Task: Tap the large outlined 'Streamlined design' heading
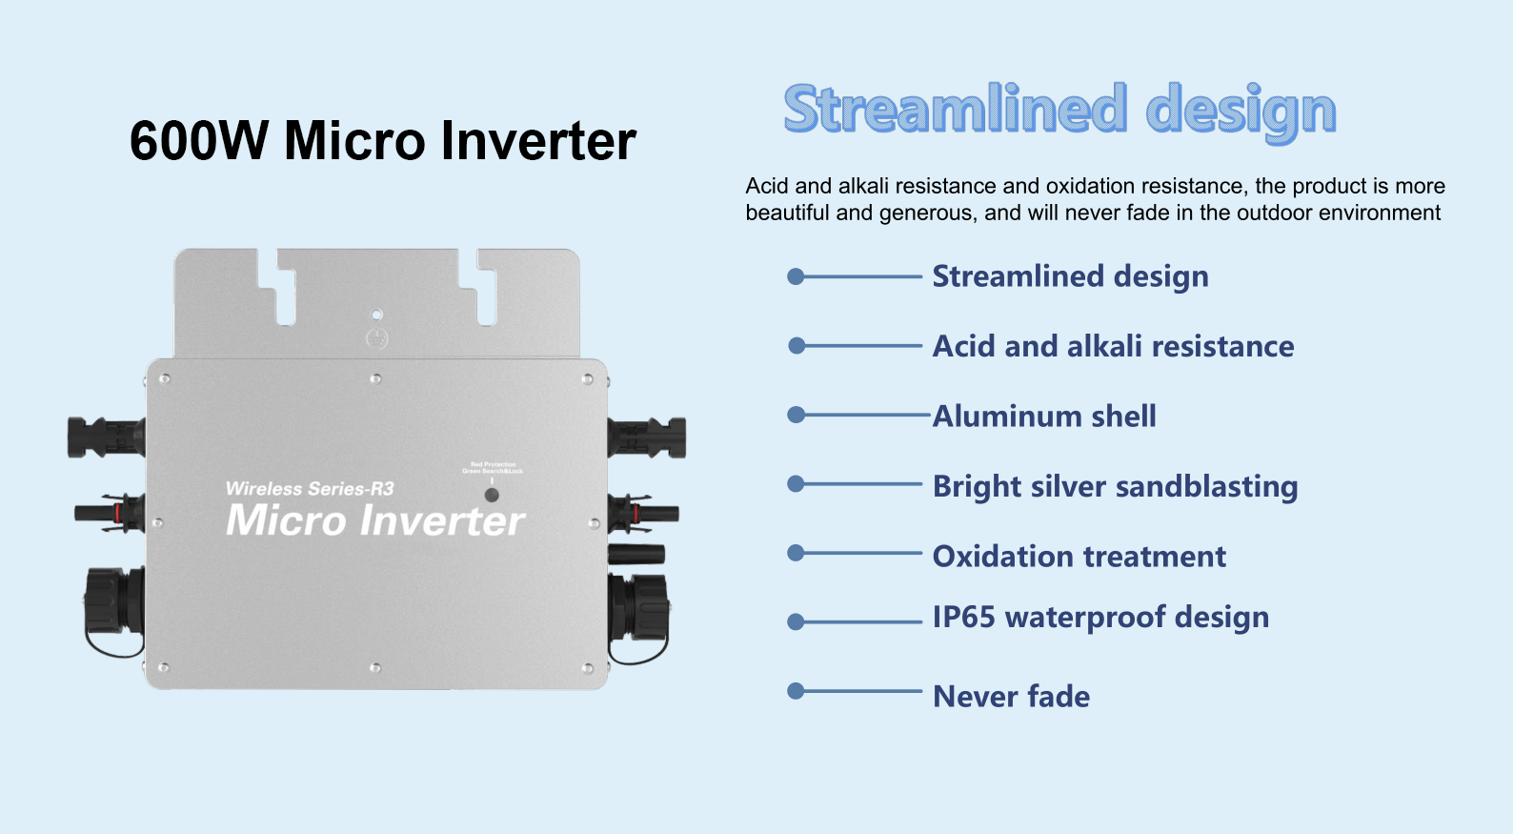(x=1059, y=110)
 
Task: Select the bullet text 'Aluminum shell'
(x=1044, y=416)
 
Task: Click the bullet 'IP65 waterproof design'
(x=1100, y=618)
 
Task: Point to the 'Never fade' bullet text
(x=1011, y=696)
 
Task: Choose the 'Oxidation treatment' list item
(x=1079, y=556)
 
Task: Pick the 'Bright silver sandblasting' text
(x=1115, y=486)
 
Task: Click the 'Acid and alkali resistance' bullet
(x=1113, y=346)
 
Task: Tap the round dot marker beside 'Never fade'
(x=796, y=691)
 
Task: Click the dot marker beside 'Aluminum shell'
(x=797, y=415)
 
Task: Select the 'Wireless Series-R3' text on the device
(x=310, y=489)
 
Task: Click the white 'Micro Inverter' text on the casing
(x=375, y=520)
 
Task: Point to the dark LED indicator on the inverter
(x=492, y=495)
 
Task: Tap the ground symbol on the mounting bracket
(x=377, y=337)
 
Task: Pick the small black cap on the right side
(x=636, y=554)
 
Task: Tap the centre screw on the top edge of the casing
(x=376, y=379)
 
